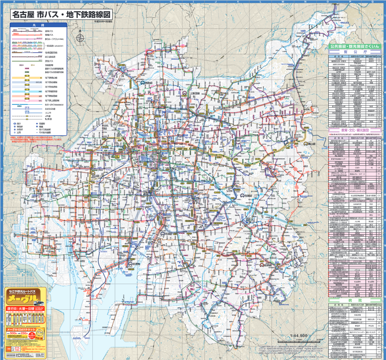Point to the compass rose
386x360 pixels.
pyautogui.click(x=80, y=39)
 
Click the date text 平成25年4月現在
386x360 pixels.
pyautogui.click(x=103, y=22)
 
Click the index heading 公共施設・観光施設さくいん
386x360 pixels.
pyautogui.click(x=354, y=47)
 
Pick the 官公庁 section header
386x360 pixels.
pyautogui.click(x=354, y=52)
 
